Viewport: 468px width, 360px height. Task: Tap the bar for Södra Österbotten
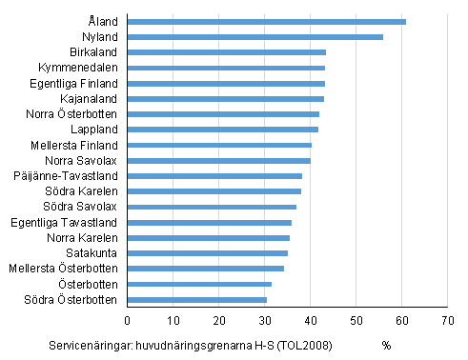coord(196,299)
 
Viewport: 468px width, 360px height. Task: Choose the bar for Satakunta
coord(207,252)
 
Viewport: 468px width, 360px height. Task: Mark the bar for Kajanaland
coord(225,98)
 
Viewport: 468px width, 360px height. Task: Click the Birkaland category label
coord(92,51)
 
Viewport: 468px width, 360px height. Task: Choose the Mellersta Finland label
coord(75,145)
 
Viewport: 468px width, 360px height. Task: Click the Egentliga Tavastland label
coord(69,222)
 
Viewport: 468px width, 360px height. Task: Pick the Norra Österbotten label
coord(72,113)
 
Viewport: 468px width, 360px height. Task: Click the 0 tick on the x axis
coord(127,319)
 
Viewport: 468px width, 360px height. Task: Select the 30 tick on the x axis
coord(264,319)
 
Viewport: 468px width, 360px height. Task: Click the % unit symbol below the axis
coord(386,345)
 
